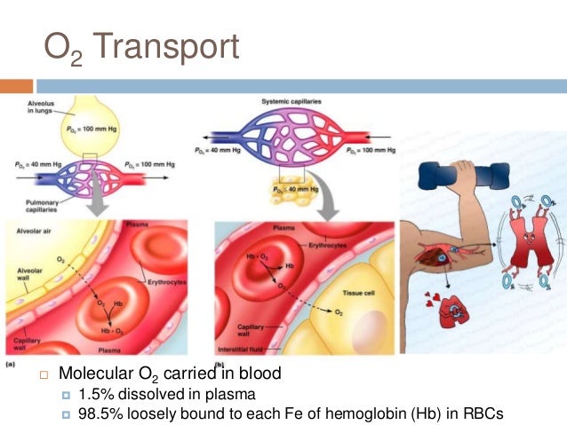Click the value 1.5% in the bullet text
[x=95, y=393]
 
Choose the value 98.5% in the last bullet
[x=100, y=413]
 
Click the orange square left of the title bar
[x=16, y=86]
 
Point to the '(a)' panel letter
[x=11, y=363]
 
